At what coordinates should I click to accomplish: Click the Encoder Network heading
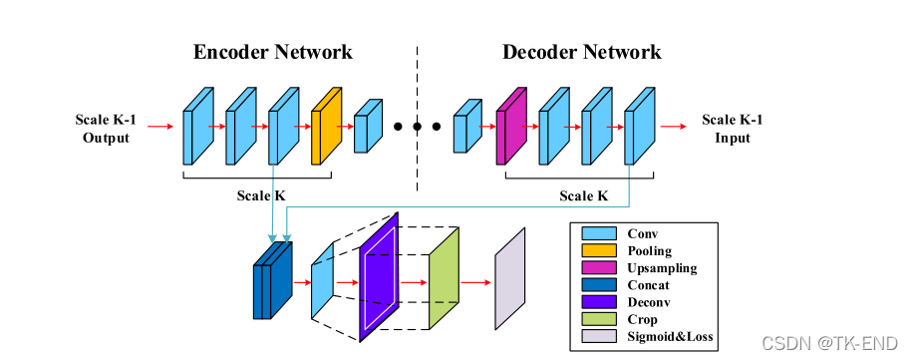point(272,52)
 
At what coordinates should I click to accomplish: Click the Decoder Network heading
point(582,52)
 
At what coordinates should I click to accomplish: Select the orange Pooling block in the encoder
point(326,126)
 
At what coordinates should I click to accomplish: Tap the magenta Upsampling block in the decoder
point(511,126)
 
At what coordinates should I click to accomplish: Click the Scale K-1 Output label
point(106,129)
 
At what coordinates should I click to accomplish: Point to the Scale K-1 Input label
point(732,129)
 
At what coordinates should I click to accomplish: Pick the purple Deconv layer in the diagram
point(379,277)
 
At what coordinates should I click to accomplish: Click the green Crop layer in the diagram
point(445,278)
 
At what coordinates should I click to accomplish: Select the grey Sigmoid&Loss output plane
point(510,278)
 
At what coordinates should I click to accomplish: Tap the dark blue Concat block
point(272,280)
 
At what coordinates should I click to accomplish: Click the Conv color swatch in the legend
point(599,233)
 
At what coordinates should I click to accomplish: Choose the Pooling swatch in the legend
point(599,251)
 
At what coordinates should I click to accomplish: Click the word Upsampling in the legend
point(662,268)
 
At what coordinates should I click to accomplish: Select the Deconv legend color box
point(599,302)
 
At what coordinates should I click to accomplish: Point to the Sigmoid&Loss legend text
point(670,337)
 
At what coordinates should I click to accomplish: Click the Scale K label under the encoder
point(261,195)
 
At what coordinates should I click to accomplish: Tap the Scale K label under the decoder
point(584,195)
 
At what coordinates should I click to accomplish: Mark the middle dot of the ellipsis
point(417,127)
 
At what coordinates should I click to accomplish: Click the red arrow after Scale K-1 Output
point(160,127)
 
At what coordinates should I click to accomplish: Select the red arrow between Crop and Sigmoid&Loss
point(475,283)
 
